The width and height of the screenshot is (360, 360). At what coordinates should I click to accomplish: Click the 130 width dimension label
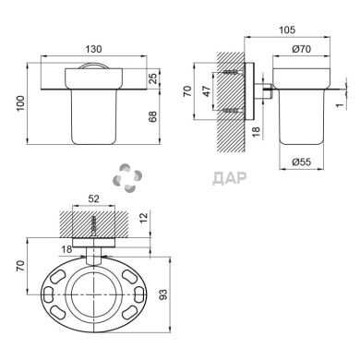[93, 49]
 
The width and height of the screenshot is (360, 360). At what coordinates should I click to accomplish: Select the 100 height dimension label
[20, 103]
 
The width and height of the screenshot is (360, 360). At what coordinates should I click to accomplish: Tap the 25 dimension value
[153, 78]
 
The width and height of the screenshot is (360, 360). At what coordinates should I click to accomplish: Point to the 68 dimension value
[153, 116]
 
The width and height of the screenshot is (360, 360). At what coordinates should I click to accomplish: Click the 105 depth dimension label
[287, 30]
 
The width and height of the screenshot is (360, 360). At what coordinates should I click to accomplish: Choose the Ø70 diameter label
[302, 49]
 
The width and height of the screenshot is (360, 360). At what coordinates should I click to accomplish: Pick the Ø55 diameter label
[302, 162]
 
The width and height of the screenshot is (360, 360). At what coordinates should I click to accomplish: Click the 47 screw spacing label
[207, 91]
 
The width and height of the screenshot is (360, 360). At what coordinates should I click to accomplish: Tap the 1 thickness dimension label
[340, 105]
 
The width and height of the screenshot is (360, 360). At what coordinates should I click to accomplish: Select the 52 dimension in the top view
[93, 198]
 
